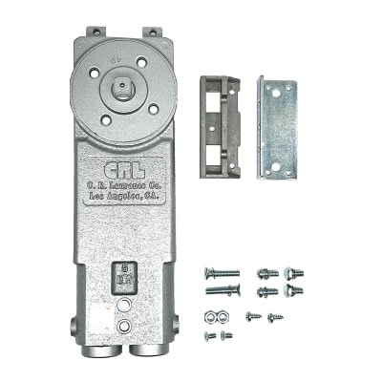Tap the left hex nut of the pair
[x=209, y=315]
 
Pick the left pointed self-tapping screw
[x=253, y=315]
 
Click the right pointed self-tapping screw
[x=275, y=316]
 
